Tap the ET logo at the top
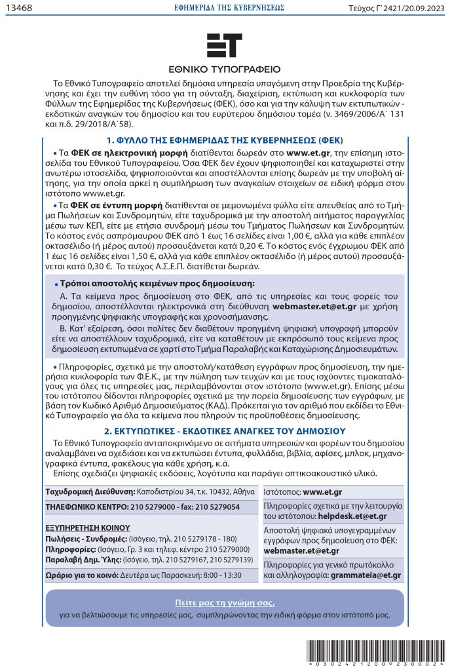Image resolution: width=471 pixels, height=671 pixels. tap(224, 46)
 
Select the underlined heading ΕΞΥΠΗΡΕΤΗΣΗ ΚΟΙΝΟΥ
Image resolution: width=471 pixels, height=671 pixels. tap(88, 527)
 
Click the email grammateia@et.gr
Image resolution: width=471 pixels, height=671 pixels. tap(366, 575)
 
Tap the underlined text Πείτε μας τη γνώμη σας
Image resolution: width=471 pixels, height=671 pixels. tap(225, 602)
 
